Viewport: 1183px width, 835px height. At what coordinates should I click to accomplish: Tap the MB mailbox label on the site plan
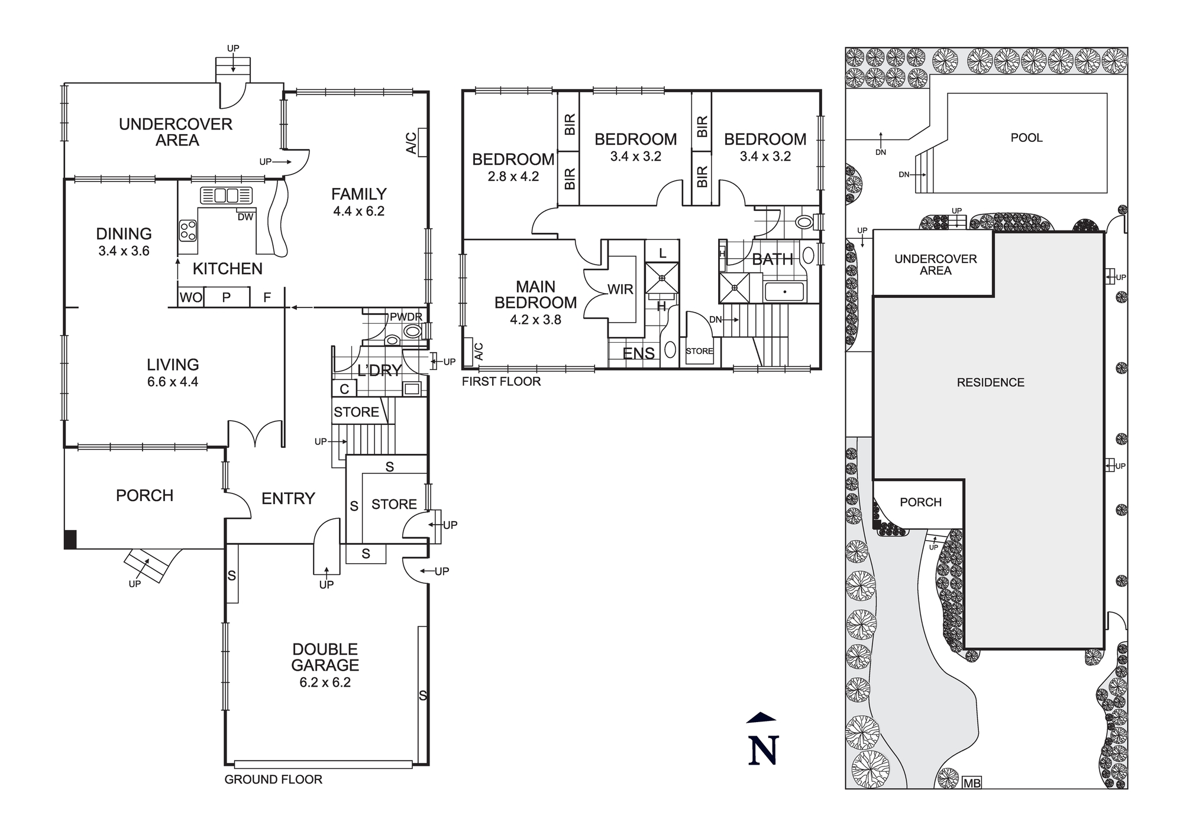coord(972,783)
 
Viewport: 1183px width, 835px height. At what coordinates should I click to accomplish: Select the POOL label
coord(1026,138)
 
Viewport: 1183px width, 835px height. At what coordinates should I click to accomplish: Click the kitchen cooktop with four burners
coord(188,230)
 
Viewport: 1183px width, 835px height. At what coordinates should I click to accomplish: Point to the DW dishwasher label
coord(245,217)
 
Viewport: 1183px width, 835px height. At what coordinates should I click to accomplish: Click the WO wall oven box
coord(190,297)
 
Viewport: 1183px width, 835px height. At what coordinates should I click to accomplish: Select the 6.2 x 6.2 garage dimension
coord(325,683)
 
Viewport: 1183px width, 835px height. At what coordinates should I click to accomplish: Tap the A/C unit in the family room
coord(422,142)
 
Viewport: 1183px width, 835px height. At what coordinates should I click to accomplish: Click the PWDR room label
coord(406,317)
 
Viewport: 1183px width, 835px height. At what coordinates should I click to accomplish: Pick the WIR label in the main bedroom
coord(620,289)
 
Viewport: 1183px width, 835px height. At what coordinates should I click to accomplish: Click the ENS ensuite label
coord(639,353)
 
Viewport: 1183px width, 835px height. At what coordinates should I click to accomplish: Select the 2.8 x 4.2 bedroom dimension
coord(513,176)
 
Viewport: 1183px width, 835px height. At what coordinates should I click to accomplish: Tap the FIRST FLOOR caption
coord(501,381)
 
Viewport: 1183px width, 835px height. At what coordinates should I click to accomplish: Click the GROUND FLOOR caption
coord(273,779)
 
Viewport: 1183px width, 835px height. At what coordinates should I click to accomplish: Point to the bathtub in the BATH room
coord(784,292)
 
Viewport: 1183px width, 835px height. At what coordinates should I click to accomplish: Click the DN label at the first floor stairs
coord(716,320)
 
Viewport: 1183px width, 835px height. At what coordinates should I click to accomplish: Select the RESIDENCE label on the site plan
coord(990,382)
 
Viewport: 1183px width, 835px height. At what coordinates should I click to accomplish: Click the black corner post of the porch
coord(70,540)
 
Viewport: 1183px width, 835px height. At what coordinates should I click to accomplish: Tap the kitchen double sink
coord(226,195)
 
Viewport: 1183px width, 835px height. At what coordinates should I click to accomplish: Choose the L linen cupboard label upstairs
coord(662,253)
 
